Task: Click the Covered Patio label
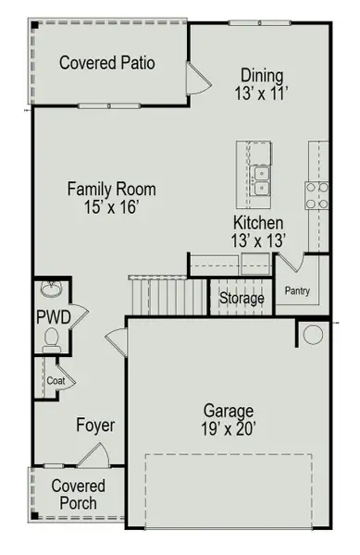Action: pos(106,63)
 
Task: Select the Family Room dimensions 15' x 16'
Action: pos(111,209)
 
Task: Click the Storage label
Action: pos(242,299)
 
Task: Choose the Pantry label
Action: pos(297,293)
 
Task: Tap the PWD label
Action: pos(47,317)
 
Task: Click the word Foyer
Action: pos(95,425)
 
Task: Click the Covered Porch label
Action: pos(78,495)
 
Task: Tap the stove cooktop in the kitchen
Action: pos(316,196)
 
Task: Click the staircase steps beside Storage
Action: pos(169,297)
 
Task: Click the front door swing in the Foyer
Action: pos(92,455)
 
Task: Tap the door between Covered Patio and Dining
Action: pos(197,79)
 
